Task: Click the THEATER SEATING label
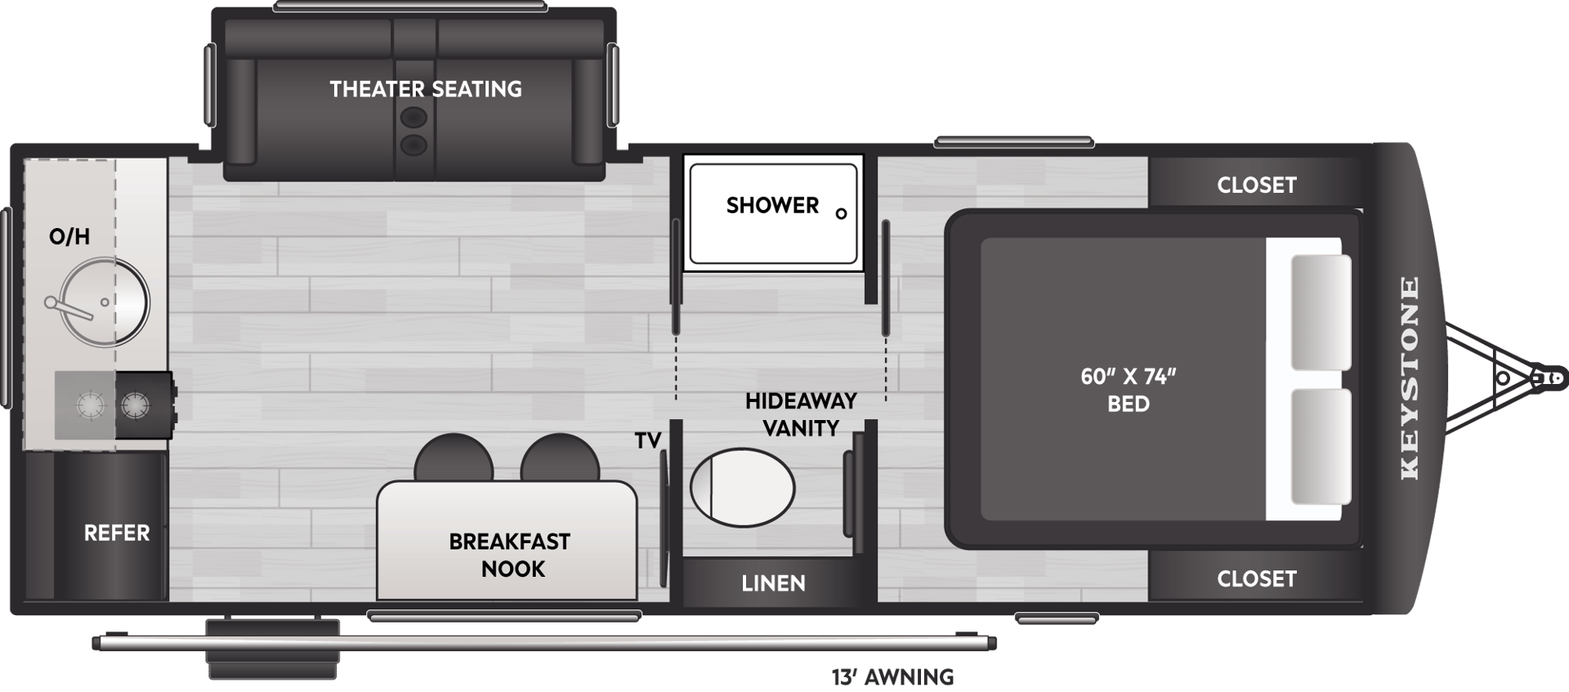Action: click(x=426, y=89)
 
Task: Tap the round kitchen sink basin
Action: click(x=105, y=302)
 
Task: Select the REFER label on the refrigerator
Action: click(x=117, y=534)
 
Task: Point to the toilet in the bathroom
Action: click(x=742, y=487)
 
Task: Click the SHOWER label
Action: click(x=772, y=205)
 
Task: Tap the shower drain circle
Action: click(x=841, y=214)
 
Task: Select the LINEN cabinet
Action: click(x=773, y=583)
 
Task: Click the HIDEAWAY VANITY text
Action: click(x=801, y=414)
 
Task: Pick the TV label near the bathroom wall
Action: click(x=647, y=441)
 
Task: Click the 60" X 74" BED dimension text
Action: click(x=1128, y=390)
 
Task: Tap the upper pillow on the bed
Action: click(x=1321, y=312)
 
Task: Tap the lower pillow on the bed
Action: click(x=1321, y=446)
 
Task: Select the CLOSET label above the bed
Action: click(x=1256, y=185)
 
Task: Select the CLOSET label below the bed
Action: click(x=1256, y=579)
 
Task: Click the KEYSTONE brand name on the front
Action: click(x=1410, y=377)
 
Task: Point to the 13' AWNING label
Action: click(x=892, y=677)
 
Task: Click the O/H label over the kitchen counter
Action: click(x=69, y=237)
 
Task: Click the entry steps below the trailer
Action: click(x=273, y=650)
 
